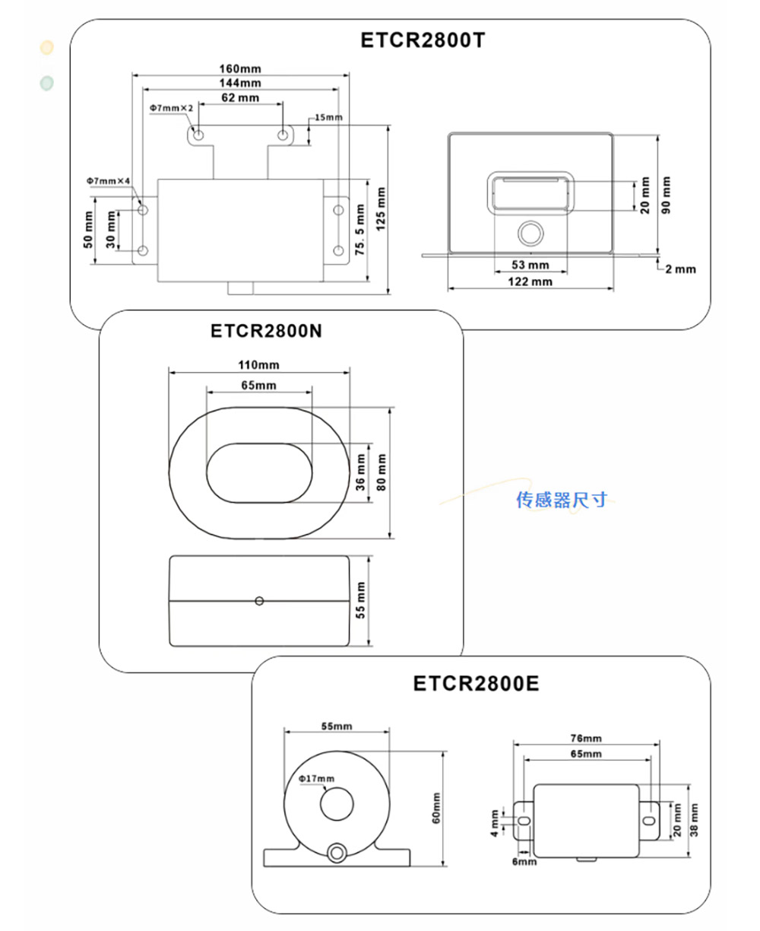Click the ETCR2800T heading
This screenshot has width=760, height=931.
(x=422, y=40)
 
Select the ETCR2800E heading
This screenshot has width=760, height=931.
(x=476, y=683)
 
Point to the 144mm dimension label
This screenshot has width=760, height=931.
(x=240, y=83)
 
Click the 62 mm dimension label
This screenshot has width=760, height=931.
(x=240, y=97)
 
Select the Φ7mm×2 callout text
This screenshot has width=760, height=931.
(x=171, y=109)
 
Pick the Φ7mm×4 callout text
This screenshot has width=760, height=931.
(x=109, y=181)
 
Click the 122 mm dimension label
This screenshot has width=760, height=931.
(x=530, y=282)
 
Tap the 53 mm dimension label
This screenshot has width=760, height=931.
(x=530, y=265)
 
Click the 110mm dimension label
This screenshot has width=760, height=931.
(x=259, y=366)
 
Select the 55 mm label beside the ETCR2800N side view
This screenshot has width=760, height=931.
(x=361, y=600)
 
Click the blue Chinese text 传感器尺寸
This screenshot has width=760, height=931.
(x=562, y=500)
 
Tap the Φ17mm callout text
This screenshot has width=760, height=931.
(x=316, y=779)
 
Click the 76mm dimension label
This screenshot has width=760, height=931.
(x=586, y=739)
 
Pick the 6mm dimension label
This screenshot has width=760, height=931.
(x=524, y=862)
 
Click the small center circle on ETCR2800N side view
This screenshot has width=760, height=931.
(x=259, y=601)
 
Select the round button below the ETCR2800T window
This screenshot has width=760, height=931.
(x=530, y=233)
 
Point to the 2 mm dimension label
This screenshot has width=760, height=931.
(x=679, y=268)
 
